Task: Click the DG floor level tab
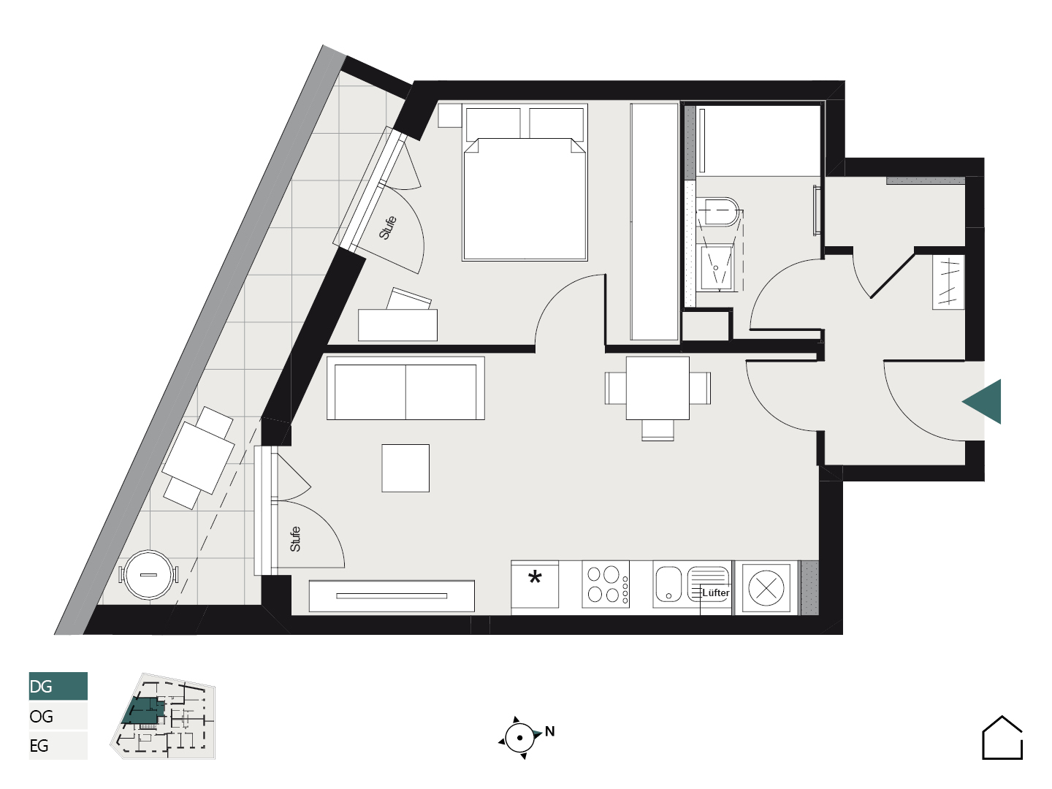pyautogui.click(x=58, y=686)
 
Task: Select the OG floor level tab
pyautogui.click(x=58, y=716)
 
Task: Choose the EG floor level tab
pyautogui.click(x=58, y=745)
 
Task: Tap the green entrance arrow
pyautogui.click(x=983, y=402)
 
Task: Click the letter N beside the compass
pyautogui.click(x=549, y=731)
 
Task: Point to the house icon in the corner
pyautogui.click(x=1002, y=738)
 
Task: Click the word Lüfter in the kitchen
pyautogui.click(x=715, y=593)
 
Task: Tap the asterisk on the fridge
pyautogui.click(x=535, y=577)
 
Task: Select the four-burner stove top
pyautogui.click(x=606, y=584)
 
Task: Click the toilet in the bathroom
pyautogui.click(x=718, y=212)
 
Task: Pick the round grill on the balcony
pyautogui.click(x=148, y=574)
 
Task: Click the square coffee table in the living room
pyautogui.click(x=405, y=468)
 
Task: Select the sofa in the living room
pyautogui.click(x=405, y=388)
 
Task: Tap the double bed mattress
pyautogui.click(x=525, y=199)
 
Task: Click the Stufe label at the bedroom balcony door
pyautogui.click(x=388, y=227)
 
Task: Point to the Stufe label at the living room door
pyautogui.click(x=295, y=539)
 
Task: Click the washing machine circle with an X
pyautogui.click(x=766, y=588)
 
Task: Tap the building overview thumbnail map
pyautogui.click(x=163, y=716)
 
